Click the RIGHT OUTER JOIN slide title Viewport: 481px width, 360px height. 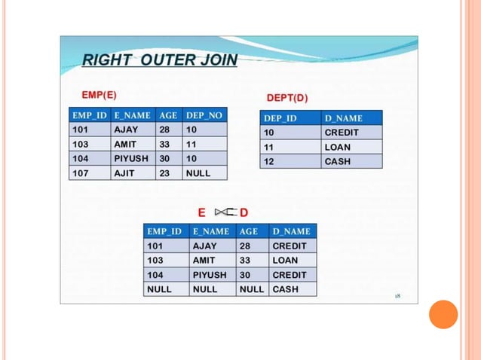pyautogui.click(x=159, y=60)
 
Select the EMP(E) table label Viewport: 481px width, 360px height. pyautogui.click(x=99, y=96)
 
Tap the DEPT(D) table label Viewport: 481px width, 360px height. pyautogui.click(x=287, y=99)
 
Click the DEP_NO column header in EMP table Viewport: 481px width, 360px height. pyautogui.click(x=204, y=115)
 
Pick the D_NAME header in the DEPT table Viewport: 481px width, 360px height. pyautogui.click(x=344, y=118)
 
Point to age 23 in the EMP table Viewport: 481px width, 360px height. pyautogui.click(x=164, y=172)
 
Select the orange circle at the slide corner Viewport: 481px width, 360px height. pyautogui.click(x=443, y=314)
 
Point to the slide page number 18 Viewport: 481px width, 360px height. pyautogui.click(x=397, y=296)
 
